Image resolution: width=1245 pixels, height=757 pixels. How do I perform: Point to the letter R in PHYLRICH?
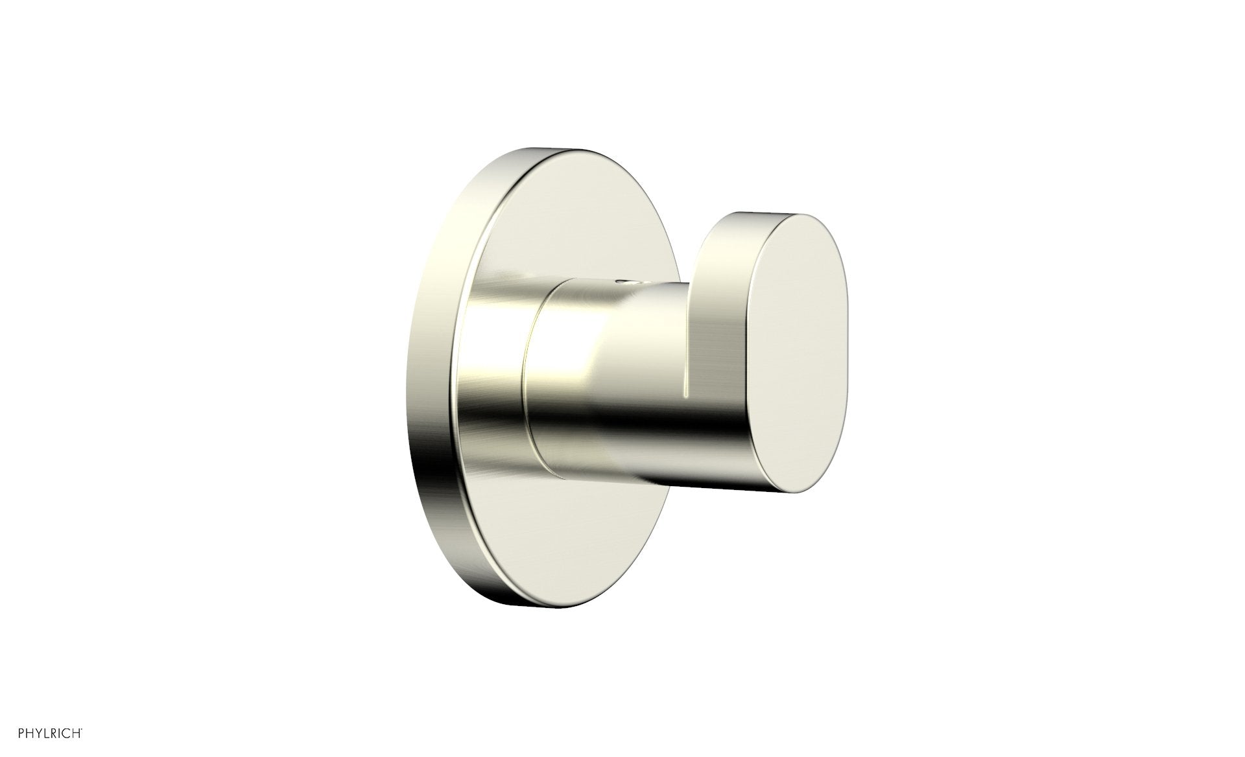(54, 733)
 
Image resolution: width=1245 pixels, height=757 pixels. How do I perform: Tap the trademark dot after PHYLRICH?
(82, 729)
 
